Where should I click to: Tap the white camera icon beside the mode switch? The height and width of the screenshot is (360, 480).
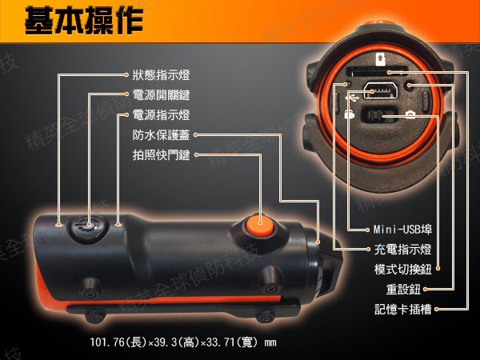410,114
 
